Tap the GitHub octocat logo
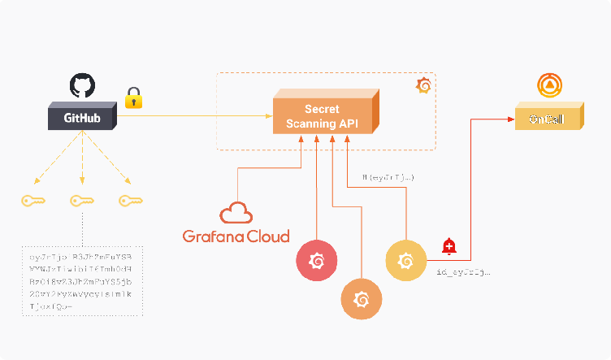point(82,85)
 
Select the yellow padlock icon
point(133,98)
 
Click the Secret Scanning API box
point(323,117)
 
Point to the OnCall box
point(547,119)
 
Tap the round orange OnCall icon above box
point(551,86)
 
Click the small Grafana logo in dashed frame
point(423,85)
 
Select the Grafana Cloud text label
point(236,236)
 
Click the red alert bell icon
point(448,245)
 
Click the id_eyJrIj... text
point(463,273)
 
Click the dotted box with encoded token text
point(81,280)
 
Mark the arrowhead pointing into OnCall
point(512,119)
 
